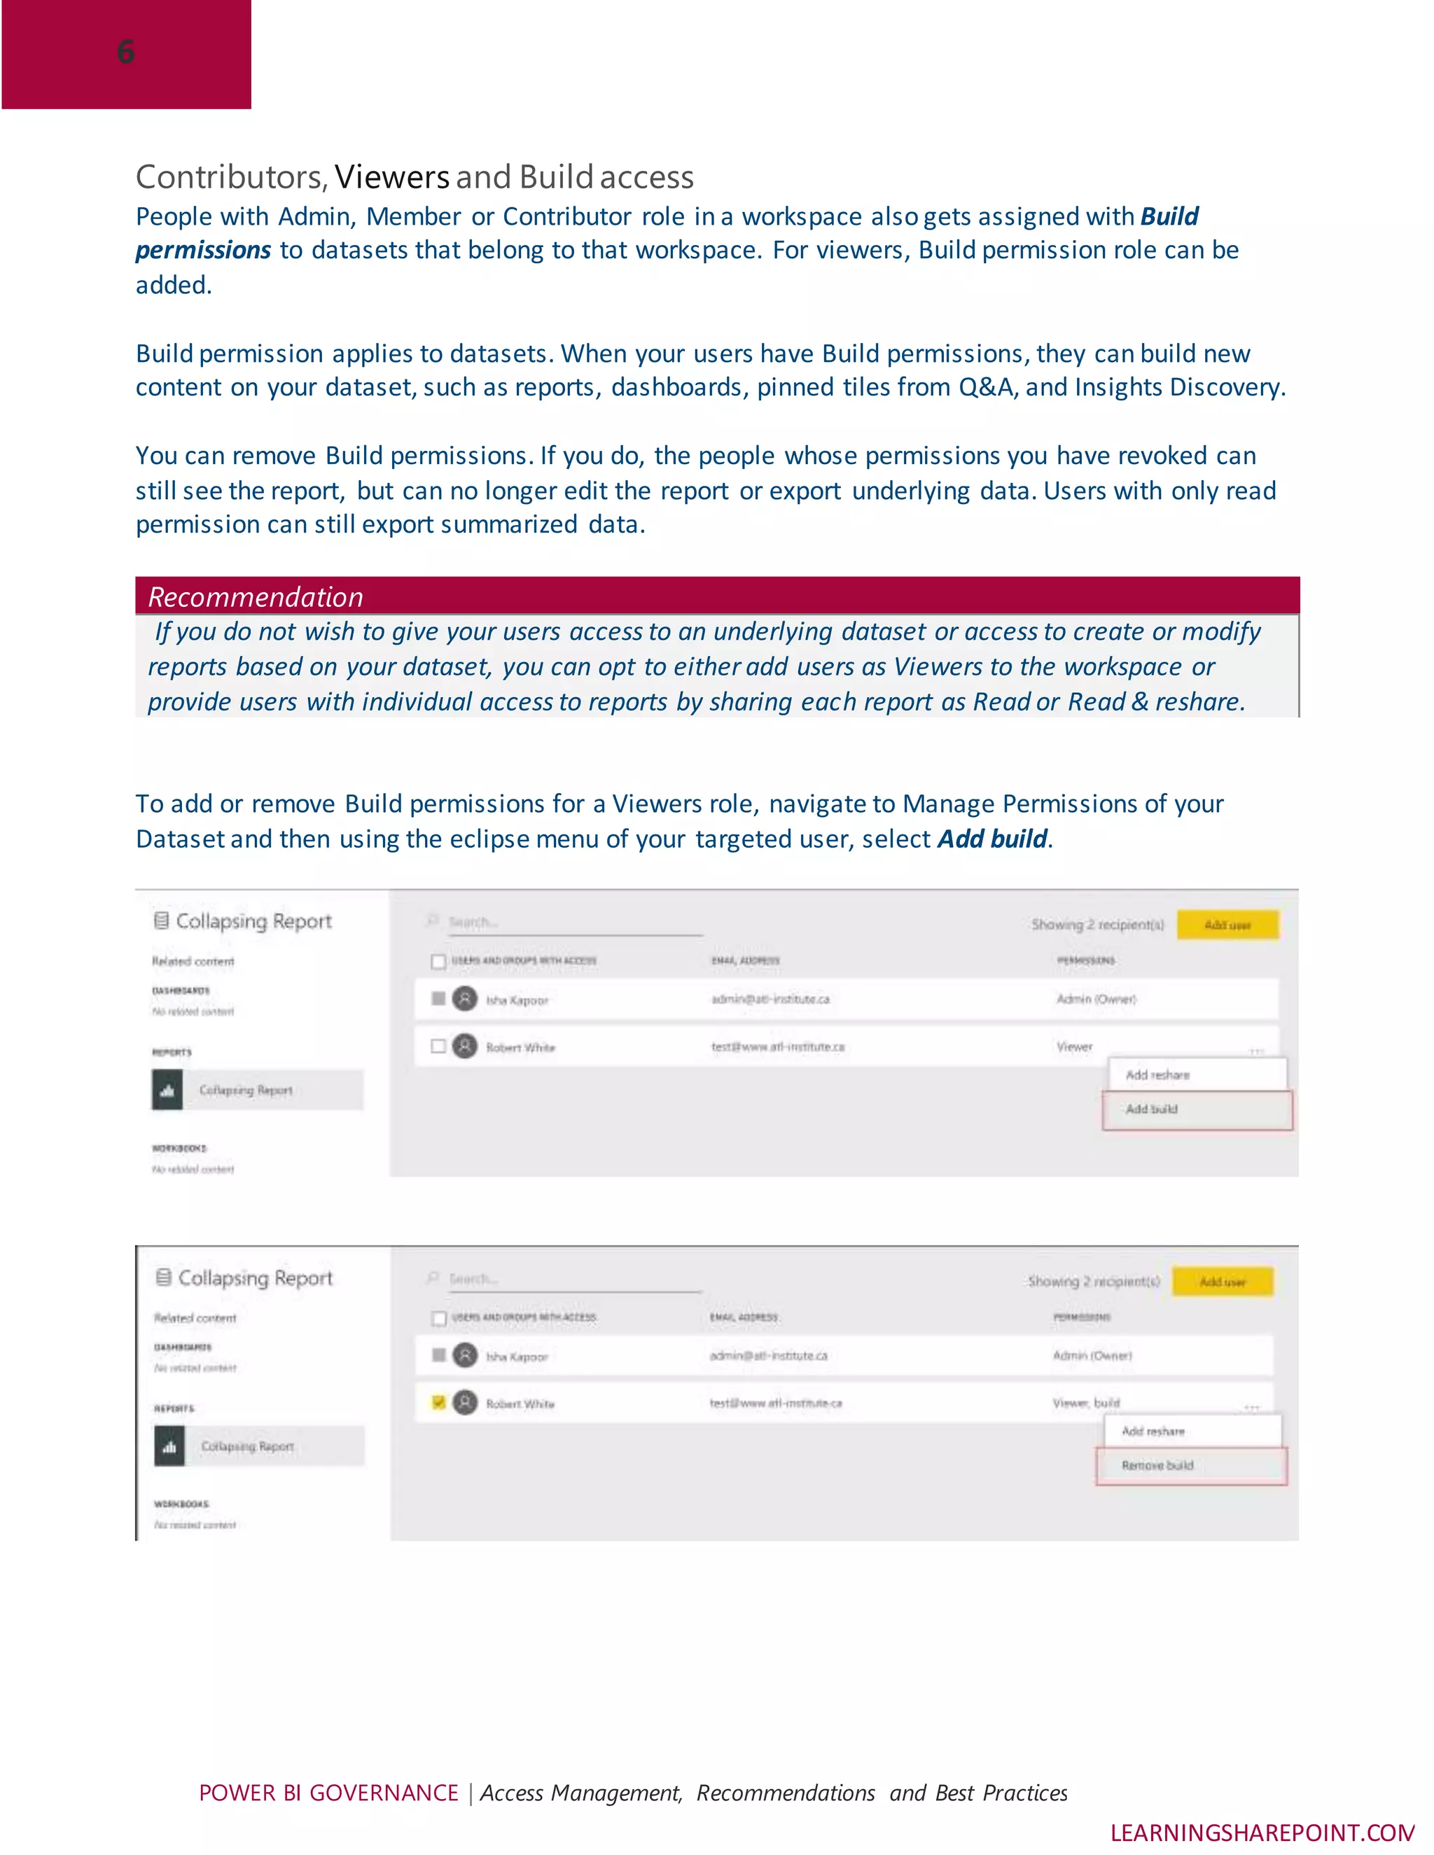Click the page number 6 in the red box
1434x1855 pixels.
[x=126, y=52]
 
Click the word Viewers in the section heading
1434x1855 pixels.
[x=391, y=176]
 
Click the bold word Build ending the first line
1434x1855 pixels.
[x=1169, y=216]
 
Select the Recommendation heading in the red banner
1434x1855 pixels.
[x=255, y=597]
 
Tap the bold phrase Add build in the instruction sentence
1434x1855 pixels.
[x=992, y=839]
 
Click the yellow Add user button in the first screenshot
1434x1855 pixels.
[x=1227, y=925]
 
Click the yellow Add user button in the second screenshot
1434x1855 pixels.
[x=1222, y=1282]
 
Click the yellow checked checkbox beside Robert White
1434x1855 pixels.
[x=438, y=1402]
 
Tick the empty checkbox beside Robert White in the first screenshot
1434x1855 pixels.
[x=438, y=1046]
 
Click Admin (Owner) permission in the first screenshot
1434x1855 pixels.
[x=1096, y=1000]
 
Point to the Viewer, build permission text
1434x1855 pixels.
[x=1086, y=1403]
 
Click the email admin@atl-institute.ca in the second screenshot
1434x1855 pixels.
[x=768, y=1356]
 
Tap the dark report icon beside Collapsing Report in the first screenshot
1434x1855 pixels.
[x=167, y=1090]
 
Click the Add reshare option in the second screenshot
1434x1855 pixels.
[x=1153, y=1431]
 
